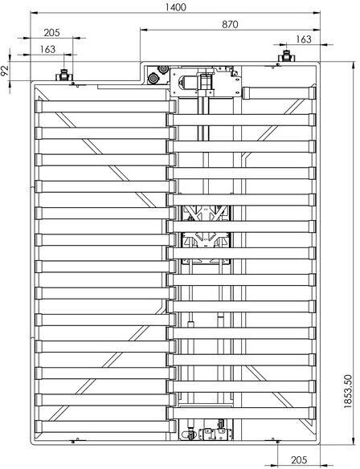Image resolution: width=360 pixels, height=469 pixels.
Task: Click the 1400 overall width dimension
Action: [x=176, y=7]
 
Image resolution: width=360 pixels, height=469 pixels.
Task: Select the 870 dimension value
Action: [x=230, y=24]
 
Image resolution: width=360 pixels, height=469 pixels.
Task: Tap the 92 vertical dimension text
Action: [x=4, y=71]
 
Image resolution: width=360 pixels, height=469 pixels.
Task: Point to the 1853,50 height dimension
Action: [x=348, y=392]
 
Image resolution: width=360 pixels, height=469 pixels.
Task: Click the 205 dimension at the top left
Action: [x=51, y=32]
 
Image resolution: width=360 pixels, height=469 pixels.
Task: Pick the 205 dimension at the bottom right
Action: [x=299, y=459]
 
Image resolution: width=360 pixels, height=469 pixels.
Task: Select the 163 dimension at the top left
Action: [x=47, y=49]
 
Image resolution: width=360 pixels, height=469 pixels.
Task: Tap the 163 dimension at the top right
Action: [x=304, y=39]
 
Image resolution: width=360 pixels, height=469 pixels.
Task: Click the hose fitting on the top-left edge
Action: [x=63, y=75]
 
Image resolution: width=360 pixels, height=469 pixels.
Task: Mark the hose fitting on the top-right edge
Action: [x=287, y=56]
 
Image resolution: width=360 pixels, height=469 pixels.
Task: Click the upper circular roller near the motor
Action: [x=163, y=69]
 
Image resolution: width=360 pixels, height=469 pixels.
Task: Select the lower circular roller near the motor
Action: [x=153, y=79]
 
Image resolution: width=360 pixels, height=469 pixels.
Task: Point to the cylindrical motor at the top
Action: [x=186, y=81]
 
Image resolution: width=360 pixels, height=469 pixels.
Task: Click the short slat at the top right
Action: [x=279, y=92]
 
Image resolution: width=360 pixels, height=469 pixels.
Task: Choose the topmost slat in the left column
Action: [x=105, y=107]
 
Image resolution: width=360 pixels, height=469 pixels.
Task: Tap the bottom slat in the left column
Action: [x=105, y=426]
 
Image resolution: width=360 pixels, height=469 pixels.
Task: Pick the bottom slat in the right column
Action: [x=241, y=413]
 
